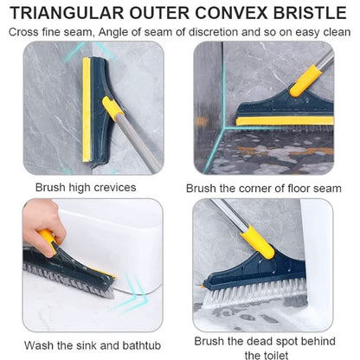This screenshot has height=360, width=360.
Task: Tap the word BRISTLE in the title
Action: coord(309,13)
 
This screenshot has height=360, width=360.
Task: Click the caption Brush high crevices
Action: coord(87,187)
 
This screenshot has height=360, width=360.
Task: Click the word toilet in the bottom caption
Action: coord(271,353)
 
